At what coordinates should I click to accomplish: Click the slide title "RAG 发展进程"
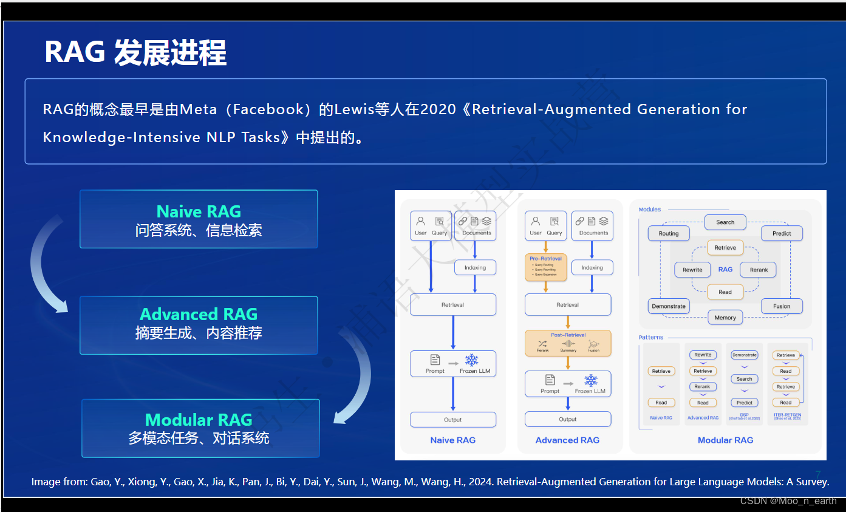click(135, 53)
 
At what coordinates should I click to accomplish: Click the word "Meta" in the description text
click(198, 109)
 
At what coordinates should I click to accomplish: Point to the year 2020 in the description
click(438, 109)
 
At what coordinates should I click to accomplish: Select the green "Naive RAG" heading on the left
click(199, 211)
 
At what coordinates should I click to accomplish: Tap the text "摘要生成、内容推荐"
click(199, 333)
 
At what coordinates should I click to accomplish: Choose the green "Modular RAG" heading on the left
click(199, 420)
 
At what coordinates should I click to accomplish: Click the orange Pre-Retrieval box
click(545, 267)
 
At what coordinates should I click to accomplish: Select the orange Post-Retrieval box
click(568, 343)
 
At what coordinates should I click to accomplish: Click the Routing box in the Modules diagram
click(669, 233)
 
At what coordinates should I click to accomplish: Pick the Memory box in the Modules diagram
click(725, 318)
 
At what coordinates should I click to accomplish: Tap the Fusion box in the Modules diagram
click(782, 306)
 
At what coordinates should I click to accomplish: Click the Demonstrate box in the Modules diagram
click(669, 306)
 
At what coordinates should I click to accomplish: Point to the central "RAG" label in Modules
click(725, 269)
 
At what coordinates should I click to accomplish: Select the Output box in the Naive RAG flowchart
click(452, 420)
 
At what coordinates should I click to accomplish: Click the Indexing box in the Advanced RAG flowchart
click(592, 267)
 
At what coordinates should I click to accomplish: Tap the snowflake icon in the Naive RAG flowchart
click(471, 360)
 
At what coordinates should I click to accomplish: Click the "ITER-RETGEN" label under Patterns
click(787, 415)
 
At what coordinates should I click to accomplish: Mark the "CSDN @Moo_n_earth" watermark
click(788, 501)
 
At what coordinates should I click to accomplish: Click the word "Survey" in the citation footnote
click(811, 482)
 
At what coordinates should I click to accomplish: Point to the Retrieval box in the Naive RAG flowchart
click(452, 305)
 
